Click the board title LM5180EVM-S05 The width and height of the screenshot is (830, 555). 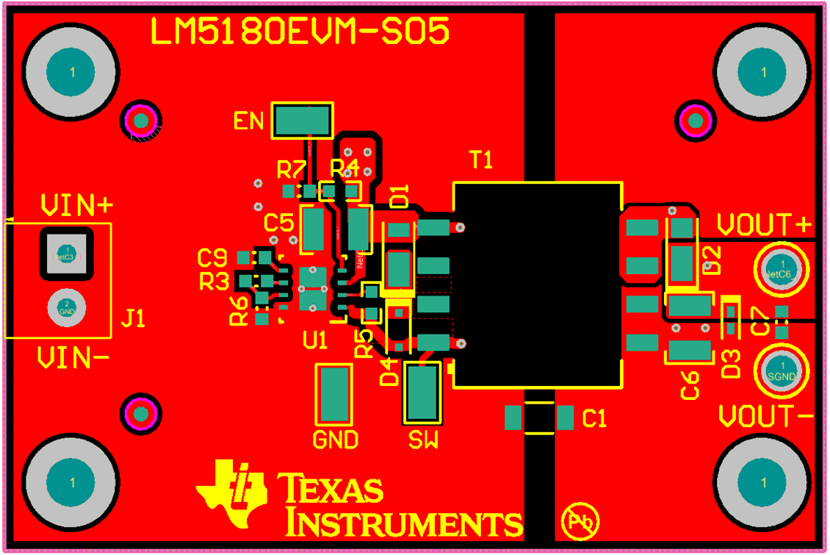click(x=300, y=32)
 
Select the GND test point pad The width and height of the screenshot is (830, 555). click(x=335, y=393)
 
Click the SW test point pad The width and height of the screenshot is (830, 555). click(x=422, y=393)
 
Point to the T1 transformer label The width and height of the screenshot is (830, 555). click(x=481, y=160)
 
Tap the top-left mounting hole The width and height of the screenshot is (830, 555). click(x=71, y=72)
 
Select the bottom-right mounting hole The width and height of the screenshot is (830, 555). click(x=763, y=482)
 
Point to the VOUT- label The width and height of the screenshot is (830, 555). click(x=765, y=417)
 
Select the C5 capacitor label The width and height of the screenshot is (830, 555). click(x=278, y=221)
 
